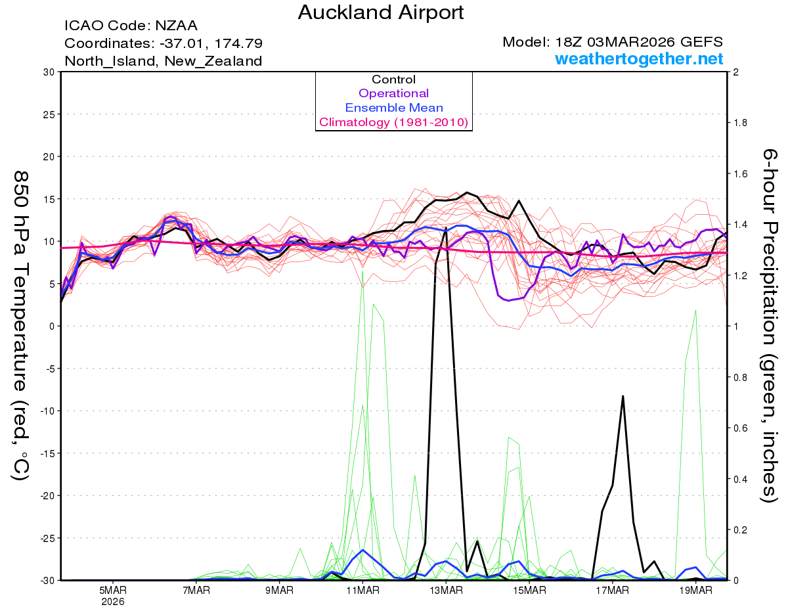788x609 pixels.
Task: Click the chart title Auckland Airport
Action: pyautogui.click(x=381, y=12)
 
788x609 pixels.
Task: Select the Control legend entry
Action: pyautogui.click(x=393, y=79)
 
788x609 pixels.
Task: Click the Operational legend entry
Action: pyautogui.click(x=393, y=93)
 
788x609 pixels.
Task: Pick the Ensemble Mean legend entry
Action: pyautogui.click(x=393, y=108)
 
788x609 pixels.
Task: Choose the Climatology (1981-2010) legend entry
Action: pyautogui.click(x=393, y=122)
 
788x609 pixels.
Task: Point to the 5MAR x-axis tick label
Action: pyautogui.click(x=112, y=591)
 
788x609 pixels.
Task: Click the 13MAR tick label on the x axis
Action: pyautogui.click(x=445, y=591)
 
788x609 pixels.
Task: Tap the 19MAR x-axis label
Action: pyautogui.click(x=695, y=591)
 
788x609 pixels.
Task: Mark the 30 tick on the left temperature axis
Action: pyautogui.click(x=48, y=72)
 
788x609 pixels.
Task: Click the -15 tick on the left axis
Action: pyautogui.click(x=46, y=453)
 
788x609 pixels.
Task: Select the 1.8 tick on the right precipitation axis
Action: pyautogui.click(x=739, y=123)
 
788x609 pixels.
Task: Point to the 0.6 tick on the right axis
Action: pyautogui.click(x=739, y=428)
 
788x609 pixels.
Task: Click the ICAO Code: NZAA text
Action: pyautogui.click(x=131, y=26)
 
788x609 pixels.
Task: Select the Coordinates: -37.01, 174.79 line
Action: pyautogui.click(x=164, y=43)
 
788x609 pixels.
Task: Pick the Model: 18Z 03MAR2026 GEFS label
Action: pyautogui.click(x=613, y=42)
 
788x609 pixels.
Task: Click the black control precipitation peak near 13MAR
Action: pyautogui.click(x=446, y=228)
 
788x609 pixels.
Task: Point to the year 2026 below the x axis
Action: pyautogui.click(x=112, y=601)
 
